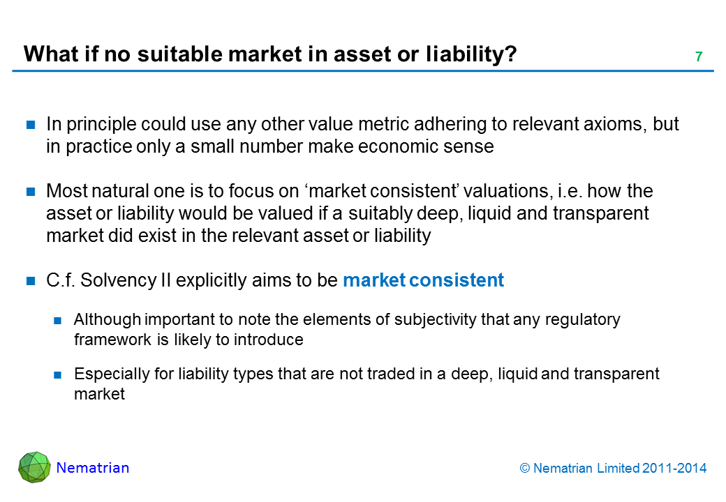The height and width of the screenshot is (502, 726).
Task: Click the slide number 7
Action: pyautogui.click(x=699, y=56)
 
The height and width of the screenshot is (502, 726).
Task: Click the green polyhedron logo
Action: pyautogui.click(x=34, y=467)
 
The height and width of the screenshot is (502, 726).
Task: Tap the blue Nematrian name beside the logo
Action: pyautogui.click(x=93, y=468)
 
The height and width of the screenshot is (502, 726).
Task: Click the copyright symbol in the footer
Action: pyautogui.click(x=524, y=469)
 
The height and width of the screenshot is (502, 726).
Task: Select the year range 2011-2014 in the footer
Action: pyautogui.click(x=674, y=469)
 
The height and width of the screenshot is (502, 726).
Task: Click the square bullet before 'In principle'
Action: pyautogui.click(x=31, y=124)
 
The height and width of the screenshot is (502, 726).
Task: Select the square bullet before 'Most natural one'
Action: pyautogui.click(x=31, y=191)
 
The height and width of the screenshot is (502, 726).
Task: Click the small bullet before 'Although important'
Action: pyautogui.click(x=57, y=320)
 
